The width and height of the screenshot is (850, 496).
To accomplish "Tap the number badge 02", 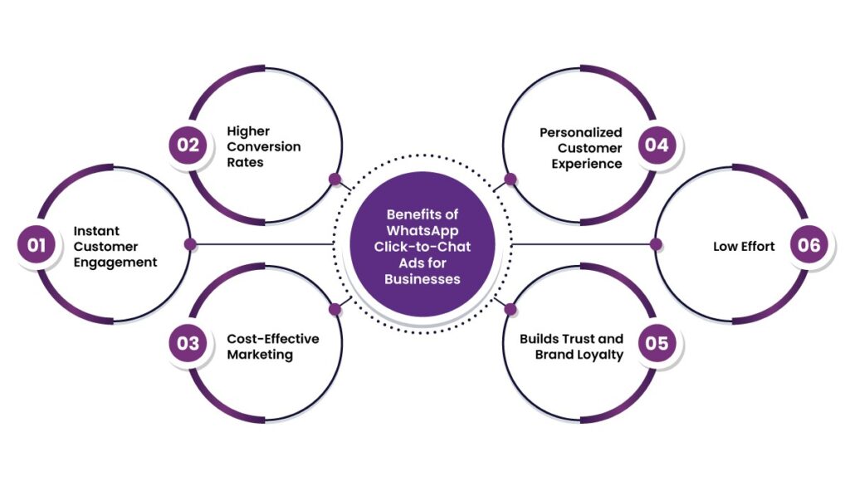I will [188, 145].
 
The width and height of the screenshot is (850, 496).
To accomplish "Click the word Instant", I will [96, 230].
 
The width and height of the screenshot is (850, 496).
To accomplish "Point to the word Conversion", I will [264, 147].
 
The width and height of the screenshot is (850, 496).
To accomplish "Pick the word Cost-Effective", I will [273, 338].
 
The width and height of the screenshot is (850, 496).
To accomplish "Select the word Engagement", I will [115, 262].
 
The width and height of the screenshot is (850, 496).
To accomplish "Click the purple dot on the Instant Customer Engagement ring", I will [190, 244].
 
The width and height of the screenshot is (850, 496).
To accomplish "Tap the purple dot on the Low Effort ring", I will [655, 244].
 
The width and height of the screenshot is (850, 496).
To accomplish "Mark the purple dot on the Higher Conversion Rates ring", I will [335, 179].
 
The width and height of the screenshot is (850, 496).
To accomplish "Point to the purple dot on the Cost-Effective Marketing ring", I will [335, 309].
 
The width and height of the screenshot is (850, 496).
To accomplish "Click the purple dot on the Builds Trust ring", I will [510, 309].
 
